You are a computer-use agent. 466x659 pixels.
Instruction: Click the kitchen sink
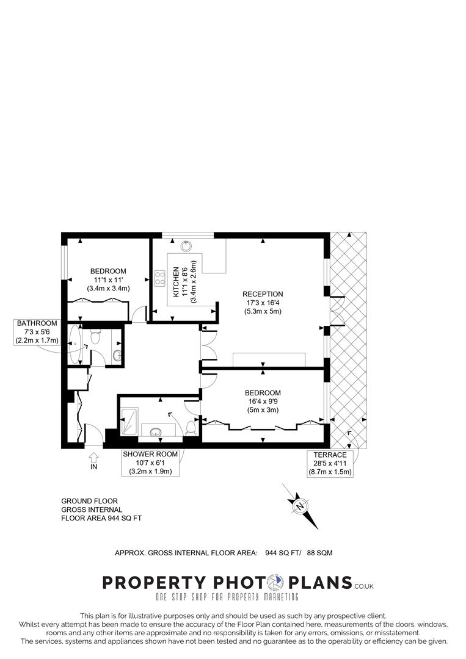click(188, 246)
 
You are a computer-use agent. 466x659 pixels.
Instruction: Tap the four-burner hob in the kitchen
click(160, 278)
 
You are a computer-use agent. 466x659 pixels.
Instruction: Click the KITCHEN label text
click(176, 281)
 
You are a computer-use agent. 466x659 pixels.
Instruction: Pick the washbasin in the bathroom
click(117, 355)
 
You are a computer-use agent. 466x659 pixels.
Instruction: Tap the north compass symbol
click(300, 506)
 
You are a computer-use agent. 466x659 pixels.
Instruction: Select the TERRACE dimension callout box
click(330, 464)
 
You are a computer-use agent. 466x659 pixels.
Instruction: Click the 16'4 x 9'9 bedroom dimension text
click(263, 402)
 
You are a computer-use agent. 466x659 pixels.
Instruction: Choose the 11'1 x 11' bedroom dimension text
click(108, 280)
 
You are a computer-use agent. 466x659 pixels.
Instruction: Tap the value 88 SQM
click(319, 553)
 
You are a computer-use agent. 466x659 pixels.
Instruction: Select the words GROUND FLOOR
click(89, 501)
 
